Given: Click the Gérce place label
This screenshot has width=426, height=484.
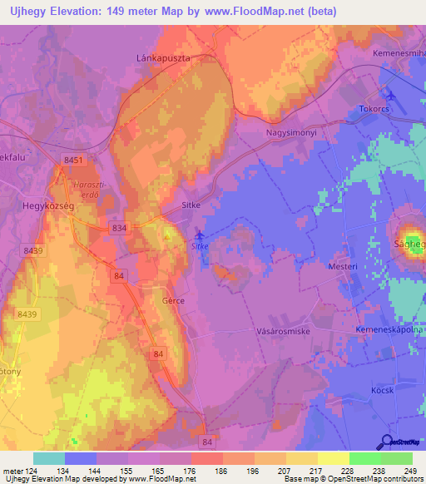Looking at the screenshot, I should tap(174, 300).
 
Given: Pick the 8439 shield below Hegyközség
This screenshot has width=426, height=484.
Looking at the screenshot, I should tap(35, 250).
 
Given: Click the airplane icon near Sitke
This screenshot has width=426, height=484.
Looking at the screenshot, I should tap(198, 235).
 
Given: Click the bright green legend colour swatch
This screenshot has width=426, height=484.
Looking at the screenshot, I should tap(364, 458).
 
